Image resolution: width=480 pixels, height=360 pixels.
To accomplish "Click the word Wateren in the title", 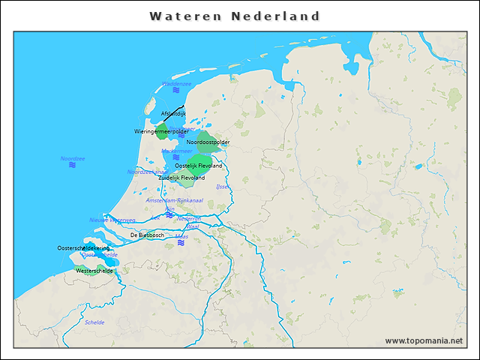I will tap(184, 16).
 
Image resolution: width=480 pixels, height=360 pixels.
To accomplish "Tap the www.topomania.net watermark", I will tap(424, 341).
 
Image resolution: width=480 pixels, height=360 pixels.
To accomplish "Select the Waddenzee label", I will tap(176, 84).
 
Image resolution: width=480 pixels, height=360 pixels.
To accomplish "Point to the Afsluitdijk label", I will tap(173, 113).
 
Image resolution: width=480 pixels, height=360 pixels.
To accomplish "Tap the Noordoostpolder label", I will tap(208, 142).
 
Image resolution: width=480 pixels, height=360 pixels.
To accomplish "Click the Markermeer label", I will tap(177, 151).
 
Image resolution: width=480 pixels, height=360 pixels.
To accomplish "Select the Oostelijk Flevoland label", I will tap(198, 165).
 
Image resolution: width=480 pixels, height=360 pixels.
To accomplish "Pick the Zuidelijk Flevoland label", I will tap(181, 178).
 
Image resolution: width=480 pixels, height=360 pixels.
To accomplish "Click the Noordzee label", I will tap(73, 158).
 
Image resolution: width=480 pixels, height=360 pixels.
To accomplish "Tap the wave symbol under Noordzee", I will tap(73, 165).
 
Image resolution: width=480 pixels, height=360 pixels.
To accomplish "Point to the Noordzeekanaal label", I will tap(147, 172).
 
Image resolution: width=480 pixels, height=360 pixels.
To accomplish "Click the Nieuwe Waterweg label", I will tap(112, 220).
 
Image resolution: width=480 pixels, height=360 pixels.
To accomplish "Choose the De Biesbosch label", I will tap(147, 235).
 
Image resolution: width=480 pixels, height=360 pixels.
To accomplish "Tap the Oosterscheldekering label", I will tap(83, 247).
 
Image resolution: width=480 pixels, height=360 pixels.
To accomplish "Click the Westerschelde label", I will tap(94, 270).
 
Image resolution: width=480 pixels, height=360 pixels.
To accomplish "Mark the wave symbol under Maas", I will tap(181, 243).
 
